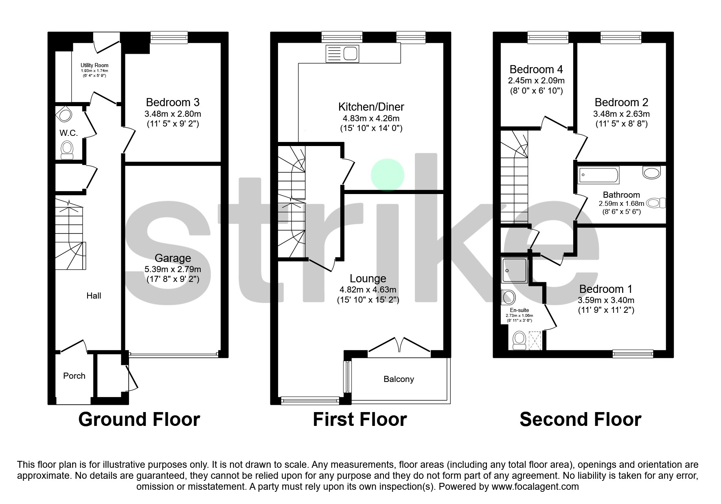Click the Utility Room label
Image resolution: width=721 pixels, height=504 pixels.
[x=94, y=65]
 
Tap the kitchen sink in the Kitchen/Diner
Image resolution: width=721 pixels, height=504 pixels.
[x=342, y=54]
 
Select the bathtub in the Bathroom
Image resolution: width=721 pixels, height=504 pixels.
[x=598, y=175]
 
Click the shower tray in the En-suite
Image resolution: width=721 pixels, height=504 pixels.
[x=515, y=270]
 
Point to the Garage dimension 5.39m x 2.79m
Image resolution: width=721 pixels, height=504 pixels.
[x=173, y=269]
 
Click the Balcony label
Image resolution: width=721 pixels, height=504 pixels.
[x=399, y=379]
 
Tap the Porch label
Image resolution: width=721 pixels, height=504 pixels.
[x=74, y=376]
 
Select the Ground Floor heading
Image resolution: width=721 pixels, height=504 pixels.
[x=139, y=419]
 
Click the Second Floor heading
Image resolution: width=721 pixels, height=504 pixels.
[x=580, y=419]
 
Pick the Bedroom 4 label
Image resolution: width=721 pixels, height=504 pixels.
[x=536, y=69]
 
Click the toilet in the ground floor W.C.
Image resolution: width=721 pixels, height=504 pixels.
[x=67, y=150]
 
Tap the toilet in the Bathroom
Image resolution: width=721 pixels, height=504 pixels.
[x=656, y=203]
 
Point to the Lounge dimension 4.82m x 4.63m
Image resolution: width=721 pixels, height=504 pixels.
[x=368, y=290]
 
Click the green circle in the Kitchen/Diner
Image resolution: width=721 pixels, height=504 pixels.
[x=387, y=175]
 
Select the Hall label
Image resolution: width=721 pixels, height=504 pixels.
[x=94, y=296]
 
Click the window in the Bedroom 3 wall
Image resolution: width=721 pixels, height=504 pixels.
[x=169, y=38]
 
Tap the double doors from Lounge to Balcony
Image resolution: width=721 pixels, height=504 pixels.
[x=399, y=346]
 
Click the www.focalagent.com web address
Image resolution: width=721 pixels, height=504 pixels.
[x=535, y=487]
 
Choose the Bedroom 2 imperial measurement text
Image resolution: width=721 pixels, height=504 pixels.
[x=621, y=123]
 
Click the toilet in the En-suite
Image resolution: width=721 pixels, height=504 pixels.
[x=519, y=340]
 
